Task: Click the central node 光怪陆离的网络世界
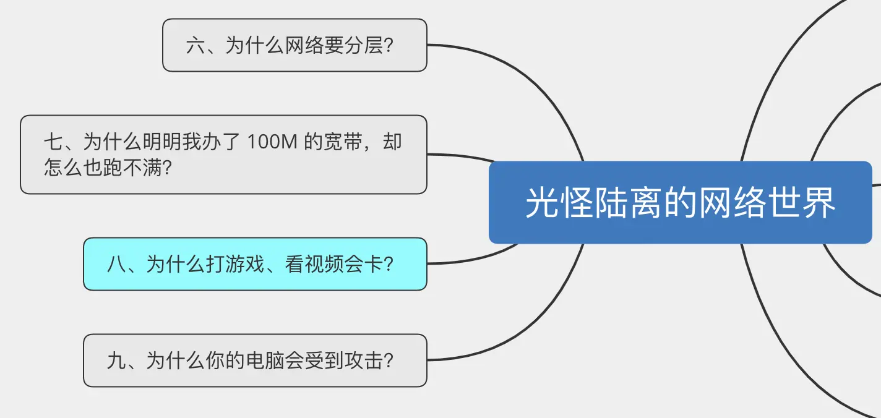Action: point(680,202)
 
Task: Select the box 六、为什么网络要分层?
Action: point(294,45)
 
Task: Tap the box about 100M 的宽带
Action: point(223,155)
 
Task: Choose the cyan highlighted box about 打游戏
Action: point(255,264)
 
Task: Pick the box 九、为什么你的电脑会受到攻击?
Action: point(255,360)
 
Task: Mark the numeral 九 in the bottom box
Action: point(116,360)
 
